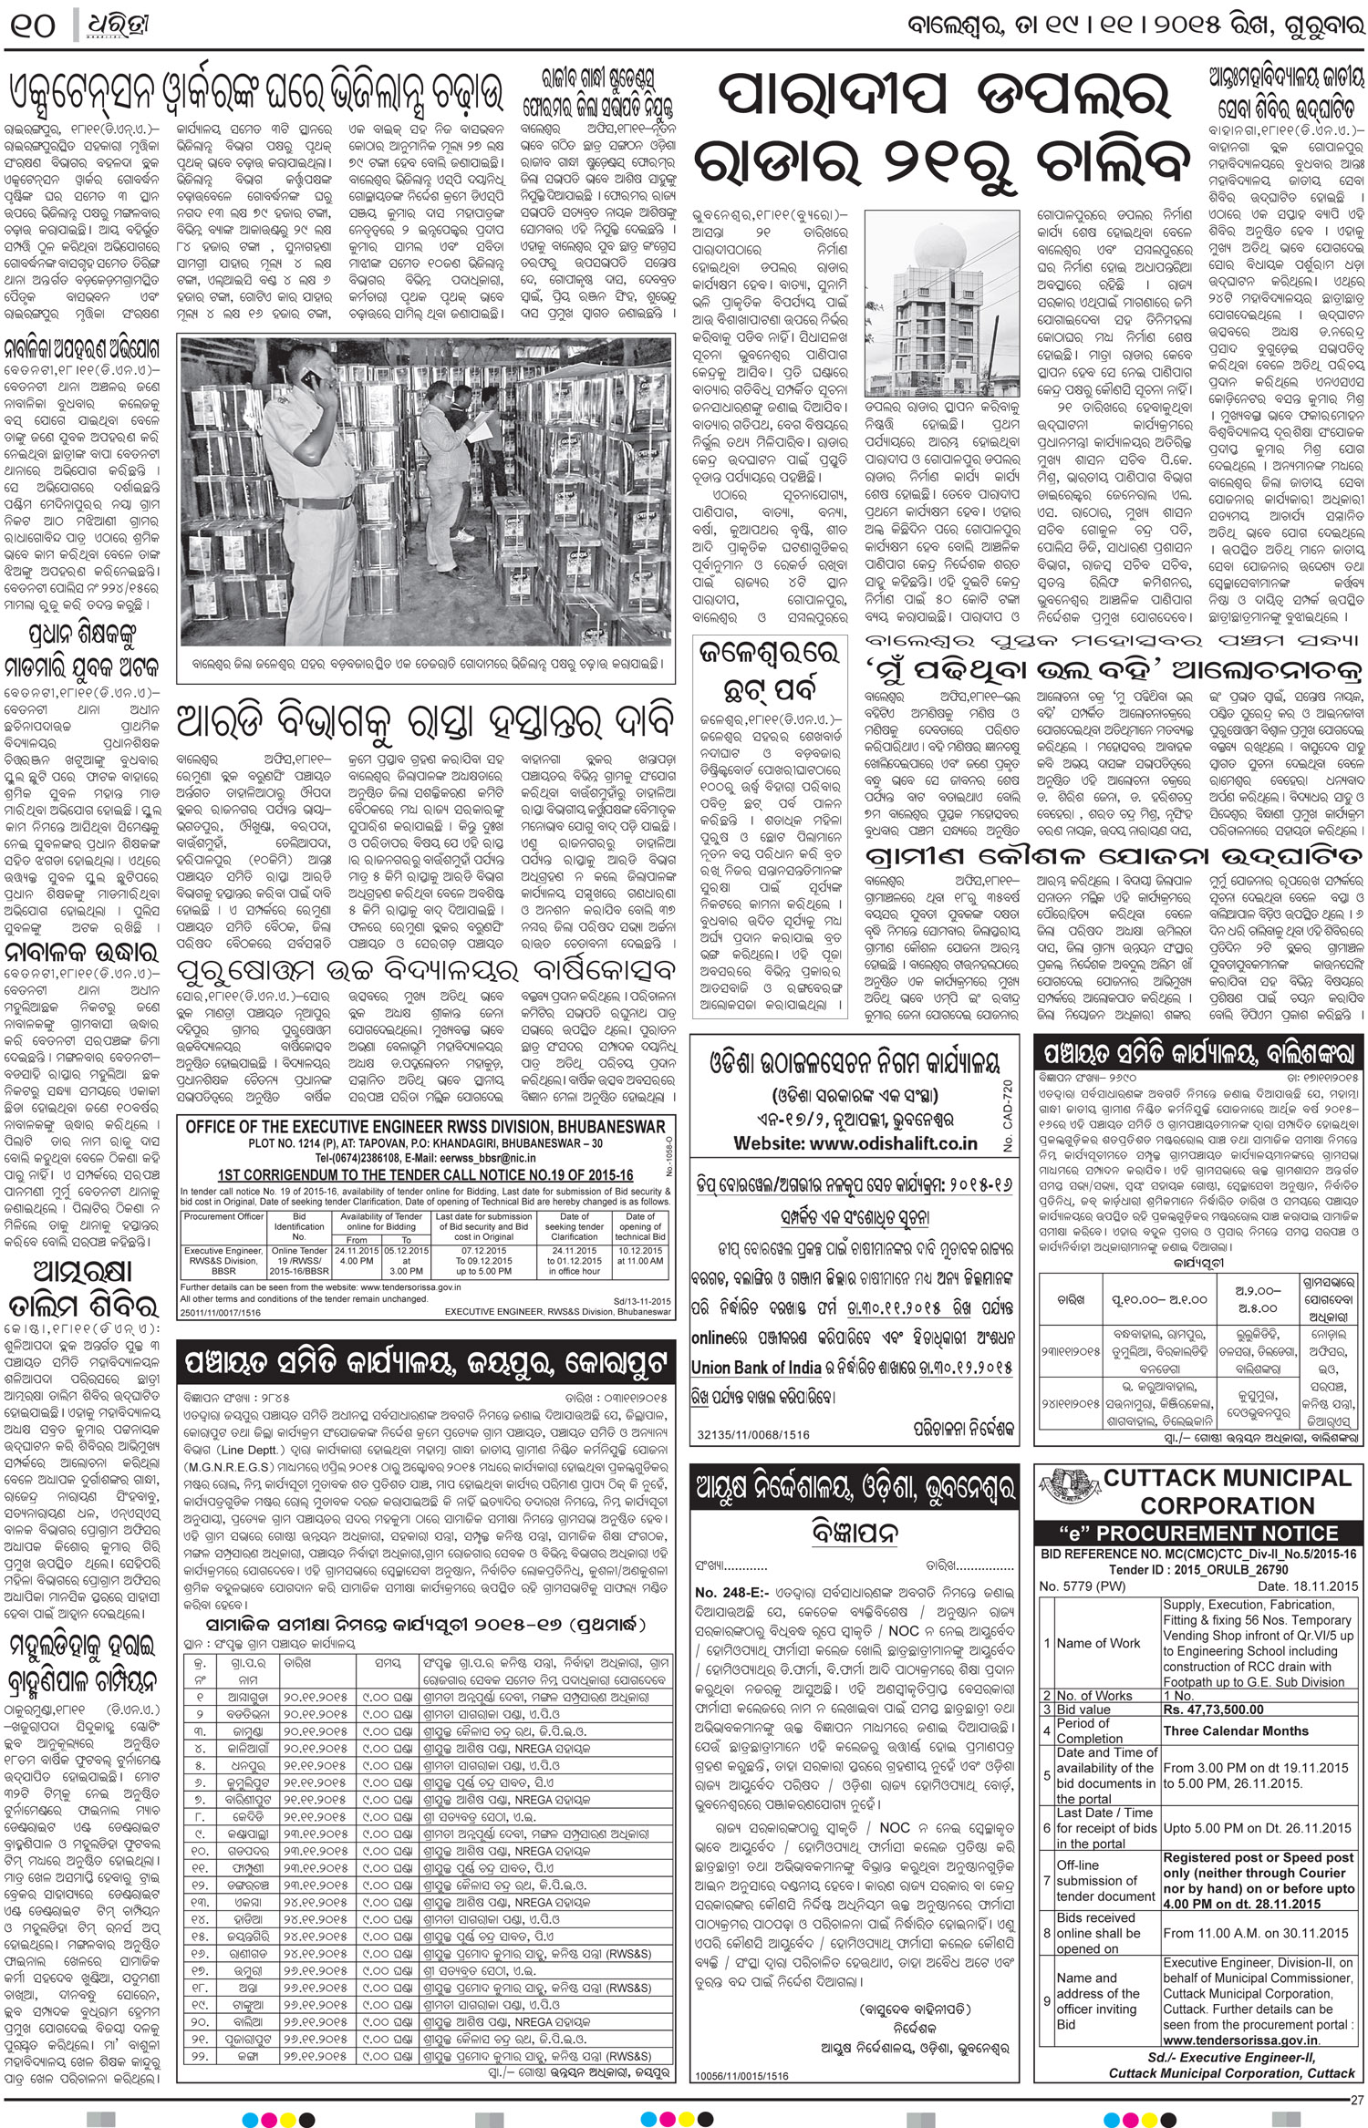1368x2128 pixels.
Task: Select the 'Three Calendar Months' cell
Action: (x=1235, y=1730)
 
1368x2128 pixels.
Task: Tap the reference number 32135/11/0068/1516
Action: (x=753, y=1434)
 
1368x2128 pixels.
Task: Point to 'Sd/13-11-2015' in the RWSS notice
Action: (x=640, y=1298)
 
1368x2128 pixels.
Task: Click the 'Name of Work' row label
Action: (x=1098, y=1643)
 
